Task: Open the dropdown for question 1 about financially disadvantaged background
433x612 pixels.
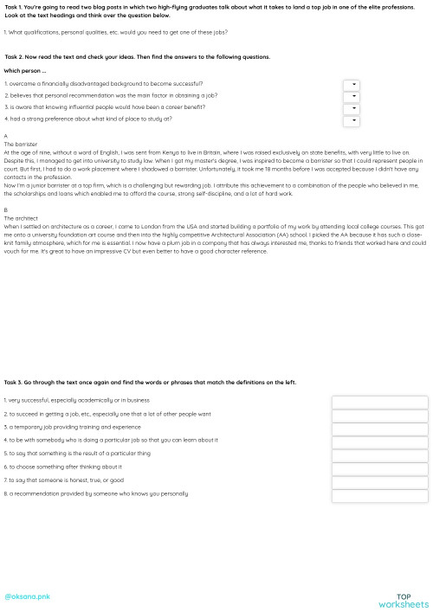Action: coord(351,85)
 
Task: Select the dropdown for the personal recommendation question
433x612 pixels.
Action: coord(351,97)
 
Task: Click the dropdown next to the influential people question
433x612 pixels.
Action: coord(351,109)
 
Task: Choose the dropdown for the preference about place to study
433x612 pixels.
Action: coord(351,121)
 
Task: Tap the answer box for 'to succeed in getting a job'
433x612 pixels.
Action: coord(379,416)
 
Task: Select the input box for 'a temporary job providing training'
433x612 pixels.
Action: coord(379,428)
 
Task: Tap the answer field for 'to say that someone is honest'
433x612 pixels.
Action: coord(379,482)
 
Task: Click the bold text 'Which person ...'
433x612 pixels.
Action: coord(25,71)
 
